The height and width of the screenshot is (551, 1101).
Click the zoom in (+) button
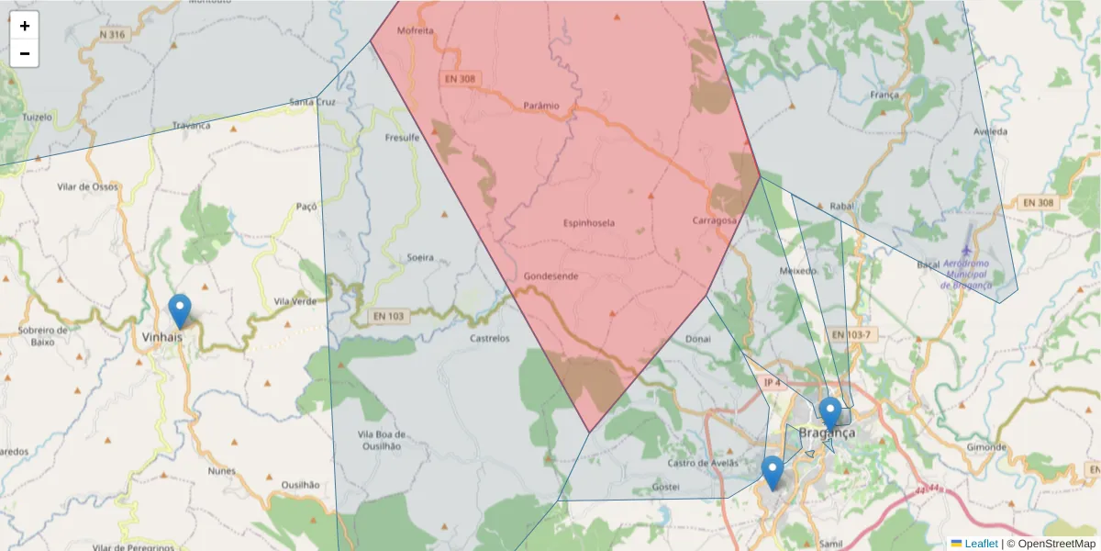click(25, 26)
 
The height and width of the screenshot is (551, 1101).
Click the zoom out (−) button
click(25, 53)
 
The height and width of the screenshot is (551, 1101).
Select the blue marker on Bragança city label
click(829, 414)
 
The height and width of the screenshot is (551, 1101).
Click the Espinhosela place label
click(588, 223)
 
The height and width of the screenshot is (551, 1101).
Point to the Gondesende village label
click(550, 275)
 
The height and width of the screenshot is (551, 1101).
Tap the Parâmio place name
click(540, 106)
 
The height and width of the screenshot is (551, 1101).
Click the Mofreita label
click(415, 30)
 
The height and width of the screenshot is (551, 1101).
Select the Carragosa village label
click(716, 220)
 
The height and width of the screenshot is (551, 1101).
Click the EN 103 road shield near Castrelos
click(389, 317)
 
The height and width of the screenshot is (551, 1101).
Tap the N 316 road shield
click(111, 35)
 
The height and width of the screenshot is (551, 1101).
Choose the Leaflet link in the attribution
click(981, 544)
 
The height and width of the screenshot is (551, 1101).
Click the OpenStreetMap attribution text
click(1055, 544)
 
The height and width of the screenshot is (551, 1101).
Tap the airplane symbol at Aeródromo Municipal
click(966, 249)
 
